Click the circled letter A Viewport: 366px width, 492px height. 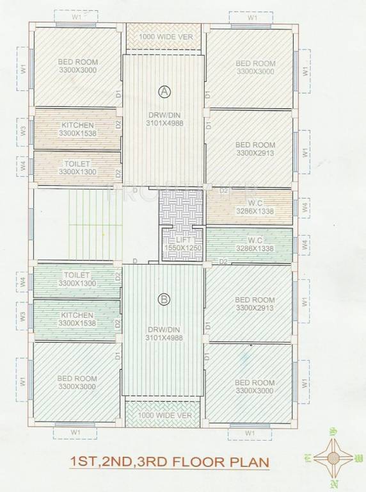click(x=164, y=92)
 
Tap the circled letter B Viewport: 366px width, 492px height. click(x=164, y=298)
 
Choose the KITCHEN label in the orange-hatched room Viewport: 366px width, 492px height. click(x=77, y=125)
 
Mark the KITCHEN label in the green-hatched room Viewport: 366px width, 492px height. click(x=77, y=315)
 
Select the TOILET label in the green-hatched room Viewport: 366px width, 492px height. click(x=76, y=275)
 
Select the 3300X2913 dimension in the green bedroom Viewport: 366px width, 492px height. click(x=255, y=307)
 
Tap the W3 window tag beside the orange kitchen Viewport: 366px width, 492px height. click(x=23, y=130)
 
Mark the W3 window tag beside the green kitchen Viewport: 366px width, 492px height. click(x=23, y=316)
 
